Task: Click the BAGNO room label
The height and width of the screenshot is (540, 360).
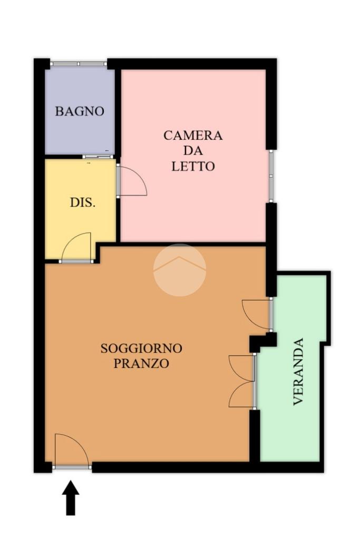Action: [x=80, y=111]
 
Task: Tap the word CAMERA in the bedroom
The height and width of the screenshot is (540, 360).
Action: [x=193, y=136]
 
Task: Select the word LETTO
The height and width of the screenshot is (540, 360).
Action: [x=193, y=166]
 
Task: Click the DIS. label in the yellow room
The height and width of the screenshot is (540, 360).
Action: [x=83, y=202]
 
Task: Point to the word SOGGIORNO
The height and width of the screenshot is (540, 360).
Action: [x=141, y=348]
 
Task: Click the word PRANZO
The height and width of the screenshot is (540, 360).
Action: [x=141, y=363]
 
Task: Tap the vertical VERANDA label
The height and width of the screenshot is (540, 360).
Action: [x=298, y=372]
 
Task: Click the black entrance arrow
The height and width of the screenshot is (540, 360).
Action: [x=71, y=498]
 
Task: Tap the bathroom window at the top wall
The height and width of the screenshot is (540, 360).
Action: [x=79, y=64]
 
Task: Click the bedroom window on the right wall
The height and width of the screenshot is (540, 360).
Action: [x=271, y=176]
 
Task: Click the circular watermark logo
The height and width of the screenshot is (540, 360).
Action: [x=180, y=270]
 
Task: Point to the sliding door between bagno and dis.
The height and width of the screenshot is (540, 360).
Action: [x=98, y=157]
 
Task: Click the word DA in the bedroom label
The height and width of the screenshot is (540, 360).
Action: [x=193, y=151]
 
